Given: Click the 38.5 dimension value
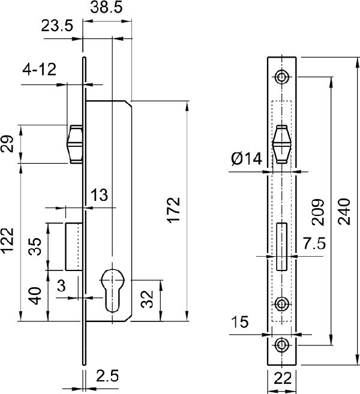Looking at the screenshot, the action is point(106,7).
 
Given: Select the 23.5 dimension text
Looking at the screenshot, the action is point(57,26).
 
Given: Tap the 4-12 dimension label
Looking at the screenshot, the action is point(39,70).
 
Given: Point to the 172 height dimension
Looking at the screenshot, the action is point(174,210).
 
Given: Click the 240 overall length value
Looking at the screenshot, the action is point(344,211).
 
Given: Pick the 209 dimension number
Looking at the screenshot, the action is point(317,212).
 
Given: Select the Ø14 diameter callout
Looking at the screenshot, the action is point(247,159).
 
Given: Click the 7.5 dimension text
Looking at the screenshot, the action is point(314,243).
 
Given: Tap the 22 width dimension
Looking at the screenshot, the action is point(283,378).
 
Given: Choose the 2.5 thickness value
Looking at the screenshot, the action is point(107,376).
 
